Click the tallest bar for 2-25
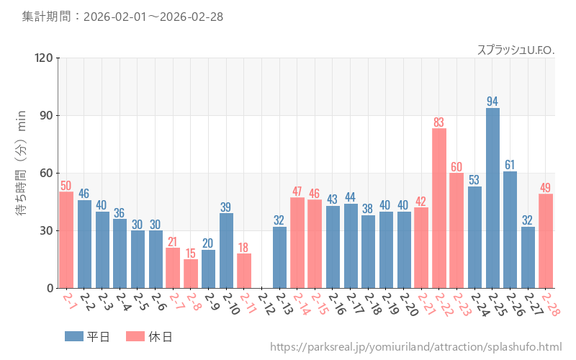pos(492,198)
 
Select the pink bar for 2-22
pos(439,208)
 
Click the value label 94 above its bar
pos(492,101)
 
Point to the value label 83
pos(439,122)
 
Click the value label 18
pos(244,247)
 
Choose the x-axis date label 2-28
pos(550,304)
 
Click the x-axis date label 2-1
pos(68,302)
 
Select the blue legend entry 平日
pos(87,336)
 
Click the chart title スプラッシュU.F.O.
pos(516,50)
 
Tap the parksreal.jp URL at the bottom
pos(415,347)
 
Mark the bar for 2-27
pos(528,257)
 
